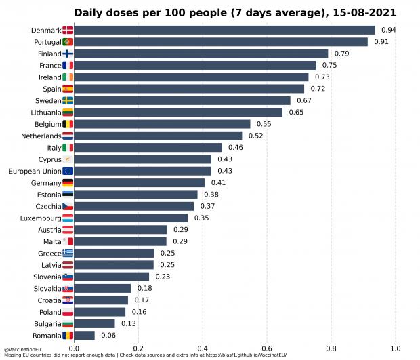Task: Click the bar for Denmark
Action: [224, 30]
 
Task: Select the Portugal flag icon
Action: [68, 42]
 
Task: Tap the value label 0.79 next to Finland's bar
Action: [341, 54]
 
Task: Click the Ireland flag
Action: [68, 77]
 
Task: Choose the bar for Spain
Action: [189, 89]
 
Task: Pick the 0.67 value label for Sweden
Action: [303, 100]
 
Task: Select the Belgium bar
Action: [162, 124]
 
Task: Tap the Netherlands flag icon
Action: [68, 136]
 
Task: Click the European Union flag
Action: [68, 171]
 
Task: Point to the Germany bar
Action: [140, 182]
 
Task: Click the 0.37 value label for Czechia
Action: [207, 206]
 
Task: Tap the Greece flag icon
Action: [68, 253]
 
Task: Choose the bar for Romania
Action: [84, 335]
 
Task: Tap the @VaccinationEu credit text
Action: [19, 349]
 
